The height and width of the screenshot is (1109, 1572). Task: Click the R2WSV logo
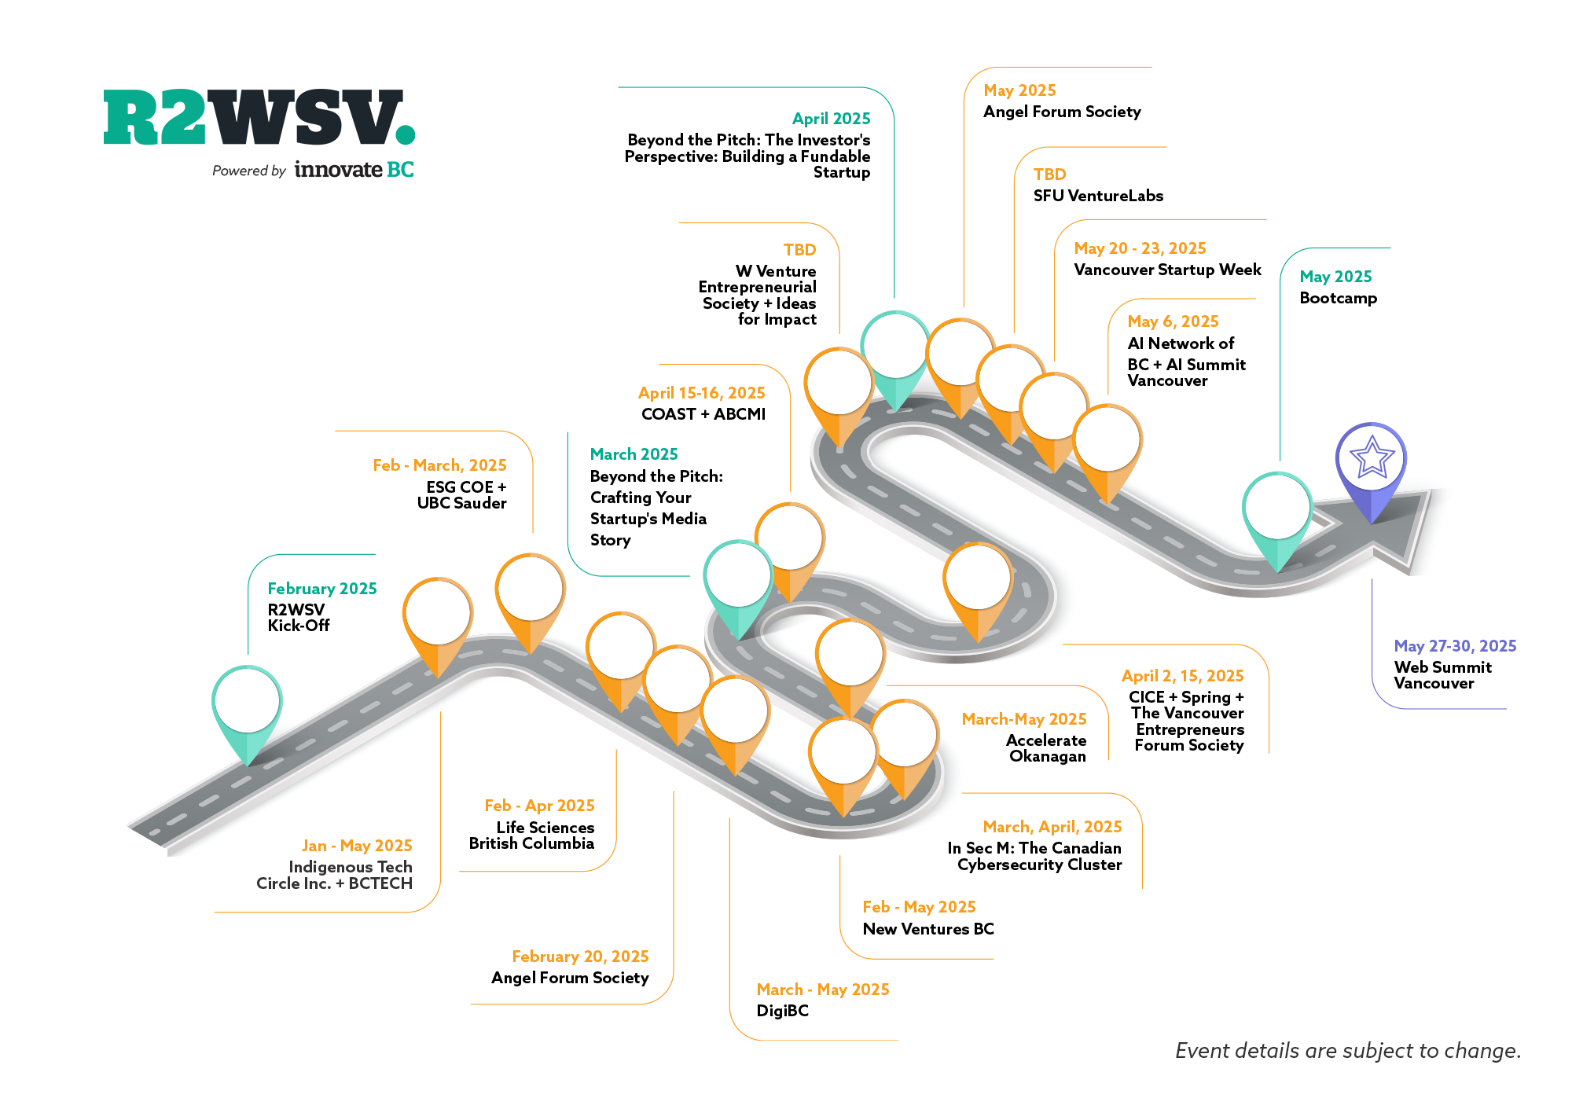pos(259,118)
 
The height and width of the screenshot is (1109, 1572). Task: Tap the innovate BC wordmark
pos(354,170)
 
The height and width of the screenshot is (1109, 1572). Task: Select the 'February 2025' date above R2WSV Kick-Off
pos(321,589)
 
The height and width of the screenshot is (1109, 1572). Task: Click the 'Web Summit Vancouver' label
pos(1442,675)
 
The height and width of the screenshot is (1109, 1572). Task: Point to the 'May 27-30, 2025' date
pos(1455,646)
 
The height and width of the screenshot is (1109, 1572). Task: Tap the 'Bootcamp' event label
pos(1338,298)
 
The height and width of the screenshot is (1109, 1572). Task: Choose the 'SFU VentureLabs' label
pos(1098,196)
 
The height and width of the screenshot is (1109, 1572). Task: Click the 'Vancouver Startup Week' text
pos(1167,270)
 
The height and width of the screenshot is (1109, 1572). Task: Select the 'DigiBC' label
pos(782,1011)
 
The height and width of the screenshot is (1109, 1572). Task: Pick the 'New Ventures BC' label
pos(928,929)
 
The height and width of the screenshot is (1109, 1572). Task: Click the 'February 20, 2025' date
pos(580,957)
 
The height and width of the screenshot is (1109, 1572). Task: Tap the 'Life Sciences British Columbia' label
pos(532,835)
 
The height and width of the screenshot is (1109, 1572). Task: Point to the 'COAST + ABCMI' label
pos(703,414)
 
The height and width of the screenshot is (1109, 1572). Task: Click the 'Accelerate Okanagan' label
pos(1047,748)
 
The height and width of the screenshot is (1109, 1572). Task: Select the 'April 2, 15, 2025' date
pos(1182,676)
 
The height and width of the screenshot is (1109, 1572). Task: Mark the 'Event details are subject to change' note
pos(1348,1051)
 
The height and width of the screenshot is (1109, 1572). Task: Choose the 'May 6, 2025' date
pos(1173,321)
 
